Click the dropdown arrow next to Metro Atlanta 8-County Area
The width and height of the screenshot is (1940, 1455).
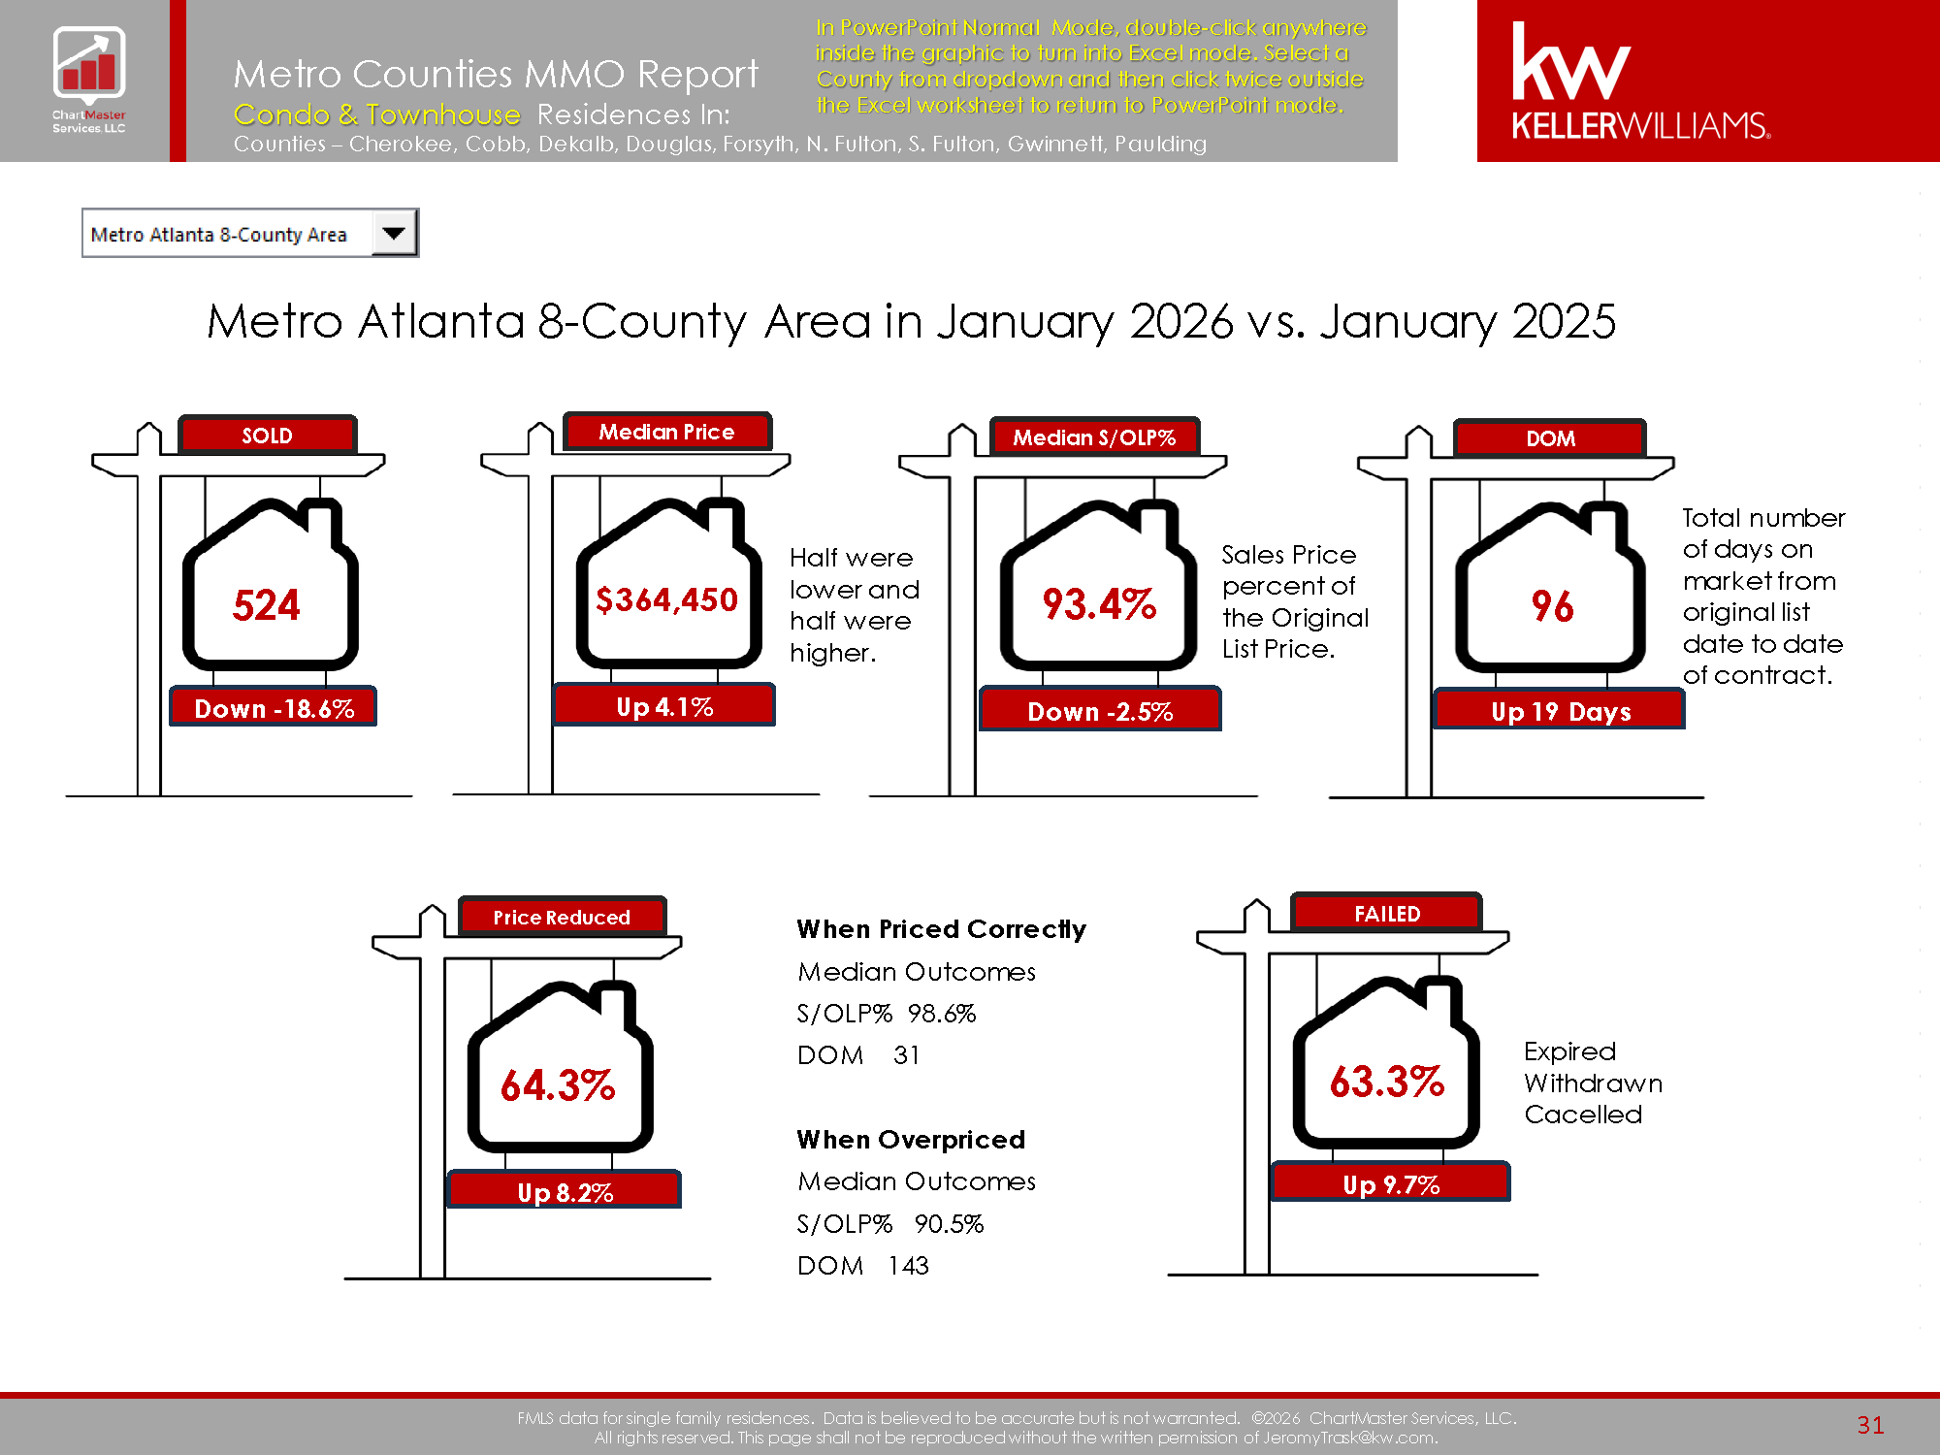tap(394, 233)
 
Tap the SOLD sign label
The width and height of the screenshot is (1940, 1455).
tap(268, 436)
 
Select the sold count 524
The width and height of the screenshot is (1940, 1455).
tap(267, 605)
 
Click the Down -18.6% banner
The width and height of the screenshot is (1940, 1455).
tap(274, 708)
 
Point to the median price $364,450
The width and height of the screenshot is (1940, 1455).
tap(667, 599)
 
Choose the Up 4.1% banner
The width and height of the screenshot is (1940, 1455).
tap(664, 706)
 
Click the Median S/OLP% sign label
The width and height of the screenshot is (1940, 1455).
tap(1094, 437)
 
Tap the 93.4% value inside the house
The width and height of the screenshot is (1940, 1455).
tap(1099, 604)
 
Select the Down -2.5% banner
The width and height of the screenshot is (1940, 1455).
tap(1100, 711)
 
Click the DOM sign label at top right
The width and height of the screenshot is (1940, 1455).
tap(1550, 438)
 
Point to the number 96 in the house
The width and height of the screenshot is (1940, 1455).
tap(1552, 606)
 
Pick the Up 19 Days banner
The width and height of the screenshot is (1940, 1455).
tap(1560, 711)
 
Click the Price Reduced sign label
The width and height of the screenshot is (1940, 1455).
tap(562, 917)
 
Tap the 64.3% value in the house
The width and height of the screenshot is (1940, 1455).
tap(558, 1085)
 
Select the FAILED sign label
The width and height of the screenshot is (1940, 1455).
tap(1387, 914)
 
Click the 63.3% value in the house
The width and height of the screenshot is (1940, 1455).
tap(1387, 1082)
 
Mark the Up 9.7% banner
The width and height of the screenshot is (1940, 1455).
tap(1391, 1183)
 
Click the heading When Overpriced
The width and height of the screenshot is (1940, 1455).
tap(911, 1139)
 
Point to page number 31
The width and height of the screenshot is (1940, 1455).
tap(1870, 1424)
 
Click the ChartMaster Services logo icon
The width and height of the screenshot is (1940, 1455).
tap(88, 64)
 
